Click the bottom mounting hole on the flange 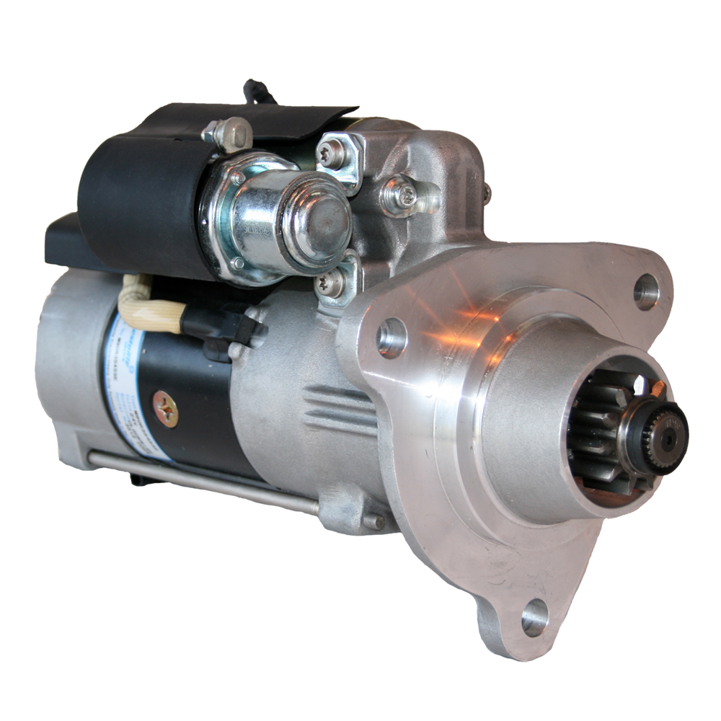[x=534, y=617]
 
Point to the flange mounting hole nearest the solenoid [x=392, y=337]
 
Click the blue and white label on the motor [x=126, y=389]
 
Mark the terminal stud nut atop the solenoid [x=229, y=133]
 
